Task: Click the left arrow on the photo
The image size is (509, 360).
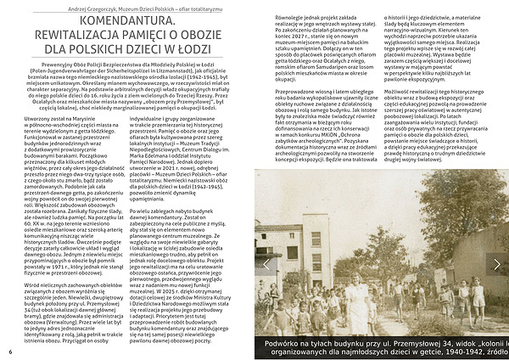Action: (x=265, y=264)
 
